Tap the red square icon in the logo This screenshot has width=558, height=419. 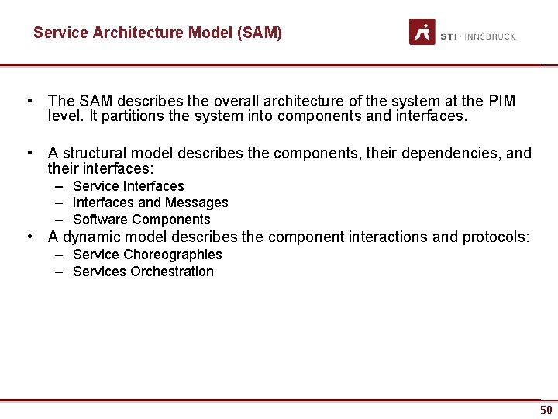pos(422,32)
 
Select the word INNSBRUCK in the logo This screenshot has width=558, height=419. pos(490,36)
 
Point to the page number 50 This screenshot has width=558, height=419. pos(546,410)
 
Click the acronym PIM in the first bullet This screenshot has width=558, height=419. pos(501,101)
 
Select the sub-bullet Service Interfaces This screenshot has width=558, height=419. pos(128,186)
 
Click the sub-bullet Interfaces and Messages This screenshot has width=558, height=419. pos(150,203)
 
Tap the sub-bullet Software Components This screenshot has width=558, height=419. pos(141,220)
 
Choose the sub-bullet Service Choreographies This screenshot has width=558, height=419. pos(146,255)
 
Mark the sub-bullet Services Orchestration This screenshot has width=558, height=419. pos(143,272)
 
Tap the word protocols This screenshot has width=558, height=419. pos(495,237)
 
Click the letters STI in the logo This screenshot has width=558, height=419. pos(448,36)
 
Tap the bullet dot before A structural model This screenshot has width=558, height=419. pos(29,153)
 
